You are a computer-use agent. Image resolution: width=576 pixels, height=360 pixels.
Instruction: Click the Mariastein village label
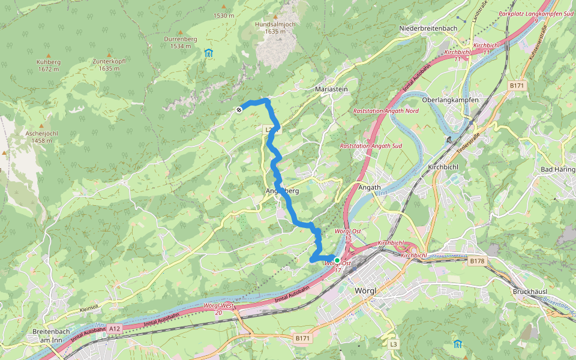click(x=331, y=89)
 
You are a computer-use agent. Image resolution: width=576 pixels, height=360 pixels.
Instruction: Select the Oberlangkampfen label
click(x=449, y=100)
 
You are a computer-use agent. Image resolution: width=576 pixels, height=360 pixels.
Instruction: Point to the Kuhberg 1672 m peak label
click(x=48, y=65)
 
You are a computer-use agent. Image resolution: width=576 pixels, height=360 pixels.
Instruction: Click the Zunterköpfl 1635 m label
click(x=109, y=65)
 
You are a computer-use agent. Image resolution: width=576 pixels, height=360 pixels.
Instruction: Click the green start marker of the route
click(x=337, y=260)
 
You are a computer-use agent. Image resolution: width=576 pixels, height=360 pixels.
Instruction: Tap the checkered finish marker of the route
click(x=239, y=109)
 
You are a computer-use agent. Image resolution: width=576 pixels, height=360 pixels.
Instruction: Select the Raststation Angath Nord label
click(x=386, y=111)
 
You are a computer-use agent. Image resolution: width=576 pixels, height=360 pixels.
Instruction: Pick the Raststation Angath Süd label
click(x=370, y=146)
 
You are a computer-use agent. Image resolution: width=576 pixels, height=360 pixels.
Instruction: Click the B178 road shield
click(x=477, y=261)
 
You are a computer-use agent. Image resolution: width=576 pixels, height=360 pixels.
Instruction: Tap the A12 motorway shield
click(x=115, y=328)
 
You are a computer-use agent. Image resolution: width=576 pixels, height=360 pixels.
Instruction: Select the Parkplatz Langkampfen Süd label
click(x=536, y=16)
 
